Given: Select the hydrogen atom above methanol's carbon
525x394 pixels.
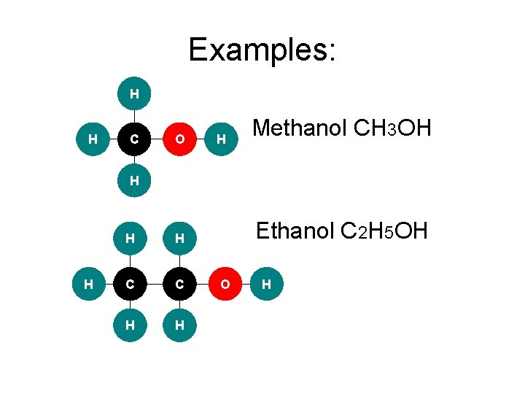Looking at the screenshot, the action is click(134, 93).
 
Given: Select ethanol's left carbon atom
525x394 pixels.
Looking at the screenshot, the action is click(129, 284).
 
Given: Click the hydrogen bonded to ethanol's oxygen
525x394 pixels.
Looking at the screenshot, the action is click(267, 284).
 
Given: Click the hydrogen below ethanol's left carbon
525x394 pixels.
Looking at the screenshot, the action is click(129, 326).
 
